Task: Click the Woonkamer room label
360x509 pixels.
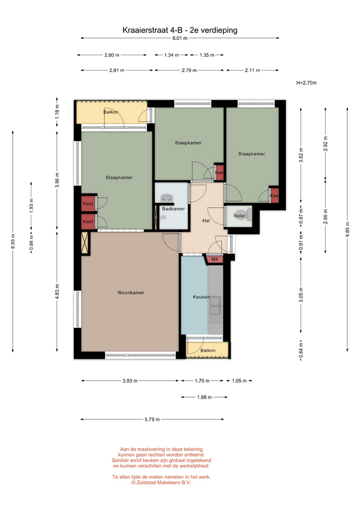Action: tap(130, 293)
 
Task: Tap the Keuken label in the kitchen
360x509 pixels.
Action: tap(201, 297)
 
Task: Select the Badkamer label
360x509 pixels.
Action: tap(173, 209)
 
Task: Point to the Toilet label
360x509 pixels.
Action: tap(239, 216)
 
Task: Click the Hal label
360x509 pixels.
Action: tap(206, 221)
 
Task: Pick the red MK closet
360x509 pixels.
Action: tap(214, 259)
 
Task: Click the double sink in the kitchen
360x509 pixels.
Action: tap(215, 305)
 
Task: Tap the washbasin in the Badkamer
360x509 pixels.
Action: tap(167, 198)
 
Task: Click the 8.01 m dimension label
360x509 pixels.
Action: tap(180, 38)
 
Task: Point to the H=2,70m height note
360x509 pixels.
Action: tap(306, 83)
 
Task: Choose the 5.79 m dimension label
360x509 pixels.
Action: tap(152, 419)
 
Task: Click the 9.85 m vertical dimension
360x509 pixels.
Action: tap(347, 229)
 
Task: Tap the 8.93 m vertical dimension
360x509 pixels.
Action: tap(13, 242)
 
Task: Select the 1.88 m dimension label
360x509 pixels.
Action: tap(204, 397)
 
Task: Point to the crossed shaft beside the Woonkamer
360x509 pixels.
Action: tap(85, 243)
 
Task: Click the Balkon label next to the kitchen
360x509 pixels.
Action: tap(208, 350)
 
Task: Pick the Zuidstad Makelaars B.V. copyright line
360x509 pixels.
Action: tap(161, 482)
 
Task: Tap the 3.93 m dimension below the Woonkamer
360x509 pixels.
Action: tap(130, 381)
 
